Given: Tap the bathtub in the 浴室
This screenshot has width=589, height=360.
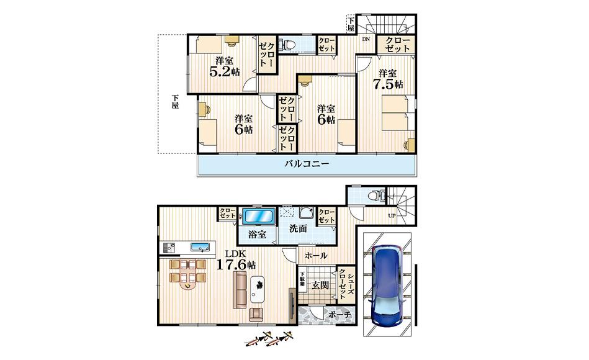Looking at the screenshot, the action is tap(258, 217).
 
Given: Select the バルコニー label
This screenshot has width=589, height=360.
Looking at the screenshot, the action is tap(307, 164).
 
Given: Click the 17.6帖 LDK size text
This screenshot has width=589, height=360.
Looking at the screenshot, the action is tap(236, 264).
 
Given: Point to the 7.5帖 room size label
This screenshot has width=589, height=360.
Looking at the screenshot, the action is tap(388, 84).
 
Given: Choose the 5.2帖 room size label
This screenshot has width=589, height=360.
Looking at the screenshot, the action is tap(225, 71).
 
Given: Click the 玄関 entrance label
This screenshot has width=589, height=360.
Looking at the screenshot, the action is tap(320, 286).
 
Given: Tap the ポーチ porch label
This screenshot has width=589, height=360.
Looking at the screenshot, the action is tap(339, 315).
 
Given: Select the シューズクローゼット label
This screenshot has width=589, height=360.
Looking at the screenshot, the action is tap(346, 284).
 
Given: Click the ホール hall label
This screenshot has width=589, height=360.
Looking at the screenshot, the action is tap(316, 256).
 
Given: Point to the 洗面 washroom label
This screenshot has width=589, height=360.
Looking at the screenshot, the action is tap(299, 228).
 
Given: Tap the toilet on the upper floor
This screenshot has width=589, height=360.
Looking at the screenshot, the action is tap(288, 45).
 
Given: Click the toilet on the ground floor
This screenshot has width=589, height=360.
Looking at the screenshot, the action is tap(376, 196).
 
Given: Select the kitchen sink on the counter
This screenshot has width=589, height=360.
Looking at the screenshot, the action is tap(202, 247).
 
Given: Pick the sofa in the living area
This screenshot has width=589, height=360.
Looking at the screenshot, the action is tap(240, 290).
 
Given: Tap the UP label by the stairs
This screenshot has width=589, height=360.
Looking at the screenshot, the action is tap(392, 216).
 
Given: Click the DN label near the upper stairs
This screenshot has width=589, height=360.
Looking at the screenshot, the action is tap(366, 38).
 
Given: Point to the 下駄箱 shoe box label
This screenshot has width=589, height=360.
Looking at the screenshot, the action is tap(302, 279).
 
